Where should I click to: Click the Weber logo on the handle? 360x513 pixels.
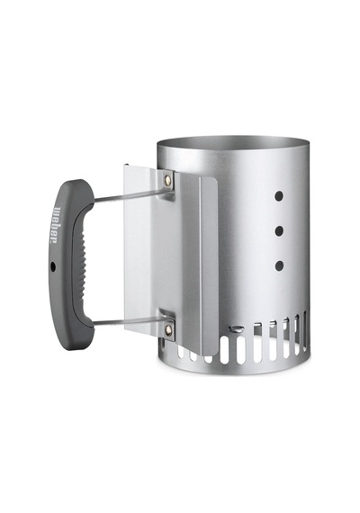(x=53, y=224)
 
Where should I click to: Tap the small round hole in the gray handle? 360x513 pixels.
(x=53, y=267)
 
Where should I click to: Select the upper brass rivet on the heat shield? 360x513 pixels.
(x=168, y=178)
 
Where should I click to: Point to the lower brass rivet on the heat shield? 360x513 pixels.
(x=169, y=329)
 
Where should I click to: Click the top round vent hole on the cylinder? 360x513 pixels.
(x=279, y=196)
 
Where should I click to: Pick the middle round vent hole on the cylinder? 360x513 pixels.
(x=279, y=231)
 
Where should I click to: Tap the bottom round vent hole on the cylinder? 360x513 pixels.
(x=279, y=266)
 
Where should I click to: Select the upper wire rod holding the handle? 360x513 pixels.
(x=130, y=195)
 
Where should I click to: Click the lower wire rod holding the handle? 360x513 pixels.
(x=130, y=321)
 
